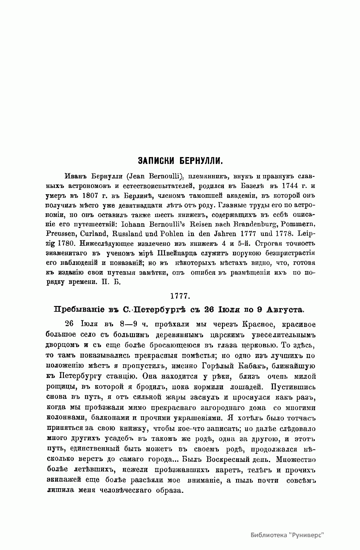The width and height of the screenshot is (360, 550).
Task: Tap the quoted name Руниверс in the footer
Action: coord(307,536)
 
